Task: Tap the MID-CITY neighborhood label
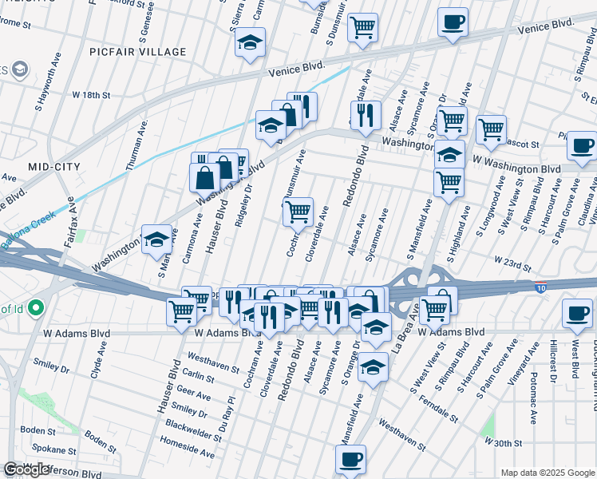click(x=54, y=166)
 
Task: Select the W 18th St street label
click(x=90, y=94)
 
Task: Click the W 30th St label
click(x=503, y=441)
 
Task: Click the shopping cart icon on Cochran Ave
click(x=298, y=212)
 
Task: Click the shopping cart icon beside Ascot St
click(x=490, y=129)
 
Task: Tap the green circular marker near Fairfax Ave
click(x=34, y=307)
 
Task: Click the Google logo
click(x=26, y=469)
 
